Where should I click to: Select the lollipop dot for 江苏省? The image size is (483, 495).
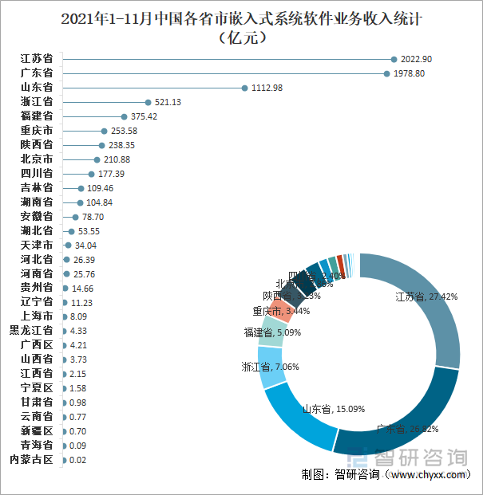point(394,59)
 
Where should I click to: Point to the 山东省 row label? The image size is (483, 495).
point(37,88)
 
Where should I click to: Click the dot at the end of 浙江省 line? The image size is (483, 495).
point(148,102)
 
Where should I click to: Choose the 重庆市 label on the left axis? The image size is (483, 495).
point(37,131)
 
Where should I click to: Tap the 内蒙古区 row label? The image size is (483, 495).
point(31,460)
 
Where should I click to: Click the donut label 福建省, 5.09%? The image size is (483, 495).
point(272,332)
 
